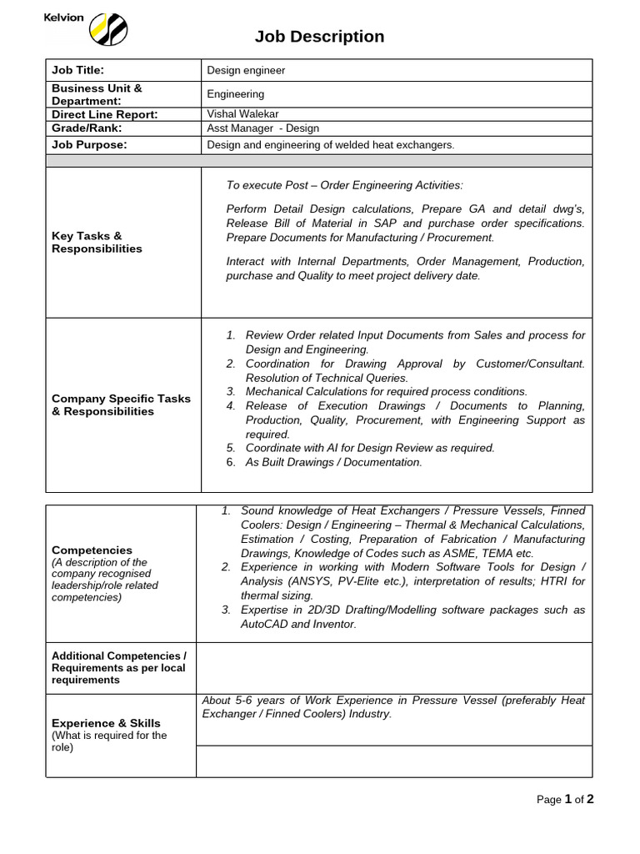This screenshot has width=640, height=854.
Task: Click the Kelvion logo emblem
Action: (107, 30)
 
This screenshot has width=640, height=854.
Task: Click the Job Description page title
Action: (319, 36)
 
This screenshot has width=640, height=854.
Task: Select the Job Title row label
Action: (77, 70)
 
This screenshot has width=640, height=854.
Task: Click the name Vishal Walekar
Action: (242, 113)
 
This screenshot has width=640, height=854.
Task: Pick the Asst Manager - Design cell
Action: (262, 128)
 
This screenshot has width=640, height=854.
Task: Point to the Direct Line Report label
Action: (104, 114)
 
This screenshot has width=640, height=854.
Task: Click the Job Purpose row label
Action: (89, 144)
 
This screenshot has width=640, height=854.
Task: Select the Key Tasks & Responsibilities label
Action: (97, 242)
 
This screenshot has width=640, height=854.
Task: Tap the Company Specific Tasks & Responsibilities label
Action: (121, 404)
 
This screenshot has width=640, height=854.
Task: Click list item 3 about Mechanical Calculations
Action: (386, 391)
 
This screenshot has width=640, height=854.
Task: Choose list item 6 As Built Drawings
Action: (333, 462)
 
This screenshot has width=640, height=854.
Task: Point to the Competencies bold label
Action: (92, 550)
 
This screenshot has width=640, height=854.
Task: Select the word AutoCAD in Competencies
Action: (265, 624)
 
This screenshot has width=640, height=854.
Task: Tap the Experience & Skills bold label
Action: (106, 723)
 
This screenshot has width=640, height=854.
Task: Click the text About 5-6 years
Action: (241, 701)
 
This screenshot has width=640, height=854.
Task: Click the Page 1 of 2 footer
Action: (564, 800)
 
